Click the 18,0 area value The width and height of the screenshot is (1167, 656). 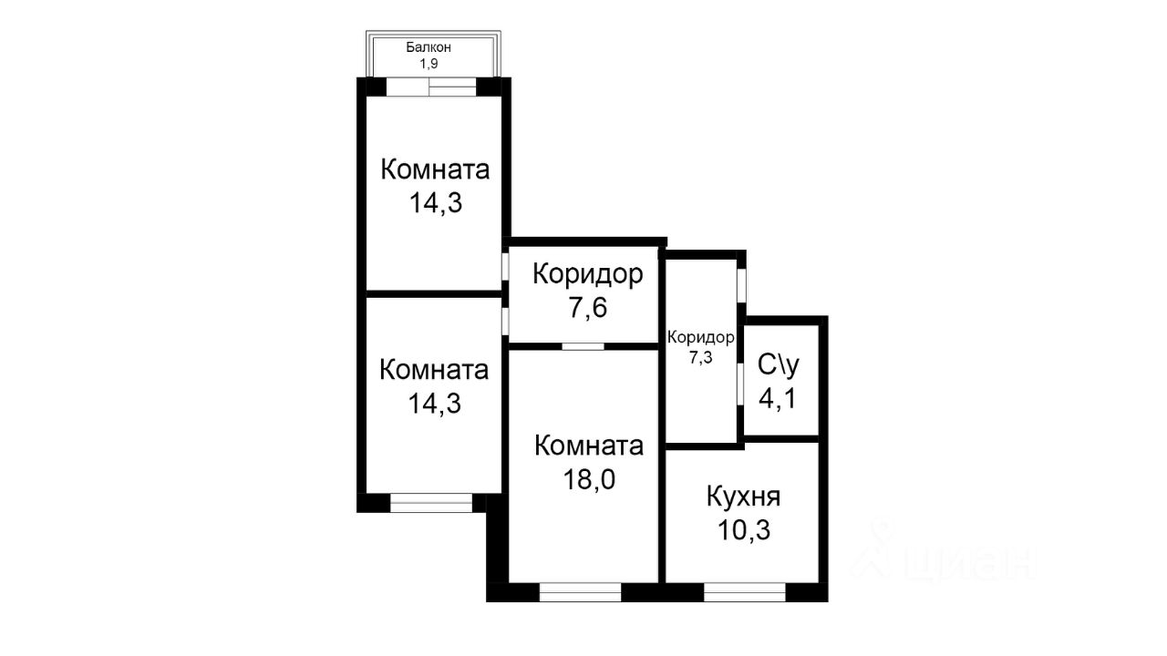(589, 477)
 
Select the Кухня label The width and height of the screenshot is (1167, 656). (743, 497)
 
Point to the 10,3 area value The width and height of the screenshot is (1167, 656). (743, 529)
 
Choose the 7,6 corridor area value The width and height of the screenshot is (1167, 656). (588, 307)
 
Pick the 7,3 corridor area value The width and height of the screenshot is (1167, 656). (700, 358)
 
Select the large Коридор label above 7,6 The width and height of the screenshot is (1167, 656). (588, 274)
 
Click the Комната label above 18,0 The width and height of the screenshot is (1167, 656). (589, 446)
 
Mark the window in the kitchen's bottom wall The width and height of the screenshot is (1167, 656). (744, 592)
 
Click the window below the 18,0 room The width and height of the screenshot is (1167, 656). (580, 592)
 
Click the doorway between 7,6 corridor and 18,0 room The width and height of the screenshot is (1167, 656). (583, 346)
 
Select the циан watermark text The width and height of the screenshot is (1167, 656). (970, 562)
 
